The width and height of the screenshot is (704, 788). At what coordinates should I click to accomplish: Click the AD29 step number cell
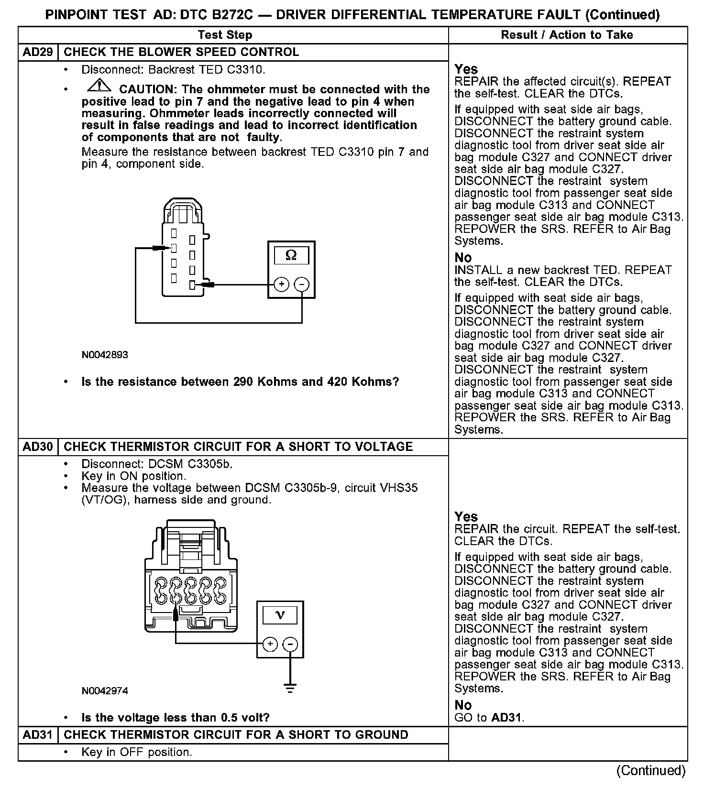[x=38, y=52]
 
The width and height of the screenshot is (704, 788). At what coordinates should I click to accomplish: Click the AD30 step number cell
[x=38, y=447]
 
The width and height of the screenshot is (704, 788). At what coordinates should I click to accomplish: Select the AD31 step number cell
[x=38, y=735]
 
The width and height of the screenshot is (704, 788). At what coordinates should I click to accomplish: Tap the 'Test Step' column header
[x=225, y=35]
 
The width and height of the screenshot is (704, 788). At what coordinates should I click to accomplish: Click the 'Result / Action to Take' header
[x=567, y=35]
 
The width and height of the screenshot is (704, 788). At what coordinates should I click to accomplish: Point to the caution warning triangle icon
[x=99, y=87]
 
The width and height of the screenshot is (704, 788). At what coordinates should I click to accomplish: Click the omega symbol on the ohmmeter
[x=291, y=256]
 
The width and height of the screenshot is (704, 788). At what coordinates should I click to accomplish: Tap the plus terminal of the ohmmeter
[x=282, y=285]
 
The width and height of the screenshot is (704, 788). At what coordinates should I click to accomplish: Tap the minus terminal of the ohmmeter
[x=301, y=285]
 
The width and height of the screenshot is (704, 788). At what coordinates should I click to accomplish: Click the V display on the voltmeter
[x=280, y=615]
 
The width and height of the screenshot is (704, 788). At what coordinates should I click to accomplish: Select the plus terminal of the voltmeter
[x=270, y=644]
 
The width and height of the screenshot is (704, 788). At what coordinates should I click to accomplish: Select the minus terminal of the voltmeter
[x=290, y=644]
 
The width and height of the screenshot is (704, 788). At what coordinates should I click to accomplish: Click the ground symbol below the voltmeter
[x=290, y=689]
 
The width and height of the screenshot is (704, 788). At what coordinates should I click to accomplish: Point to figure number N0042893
[x=105, y=355]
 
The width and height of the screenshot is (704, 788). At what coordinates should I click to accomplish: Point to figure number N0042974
[x=105, y=691]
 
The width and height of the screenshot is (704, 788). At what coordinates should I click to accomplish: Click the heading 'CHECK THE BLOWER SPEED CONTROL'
[x=181, y=52]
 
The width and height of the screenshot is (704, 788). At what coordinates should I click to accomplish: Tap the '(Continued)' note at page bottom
[x=651, y=770]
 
